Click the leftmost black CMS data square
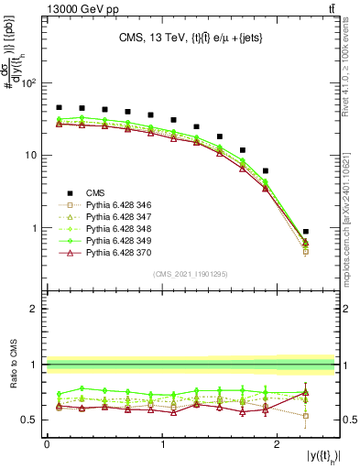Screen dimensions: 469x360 click(x=59, y=107)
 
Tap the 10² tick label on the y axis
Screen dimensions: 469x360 click(x=29, y=83)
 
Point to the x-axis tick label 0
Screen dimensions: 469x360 click(x=47, y=444)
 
